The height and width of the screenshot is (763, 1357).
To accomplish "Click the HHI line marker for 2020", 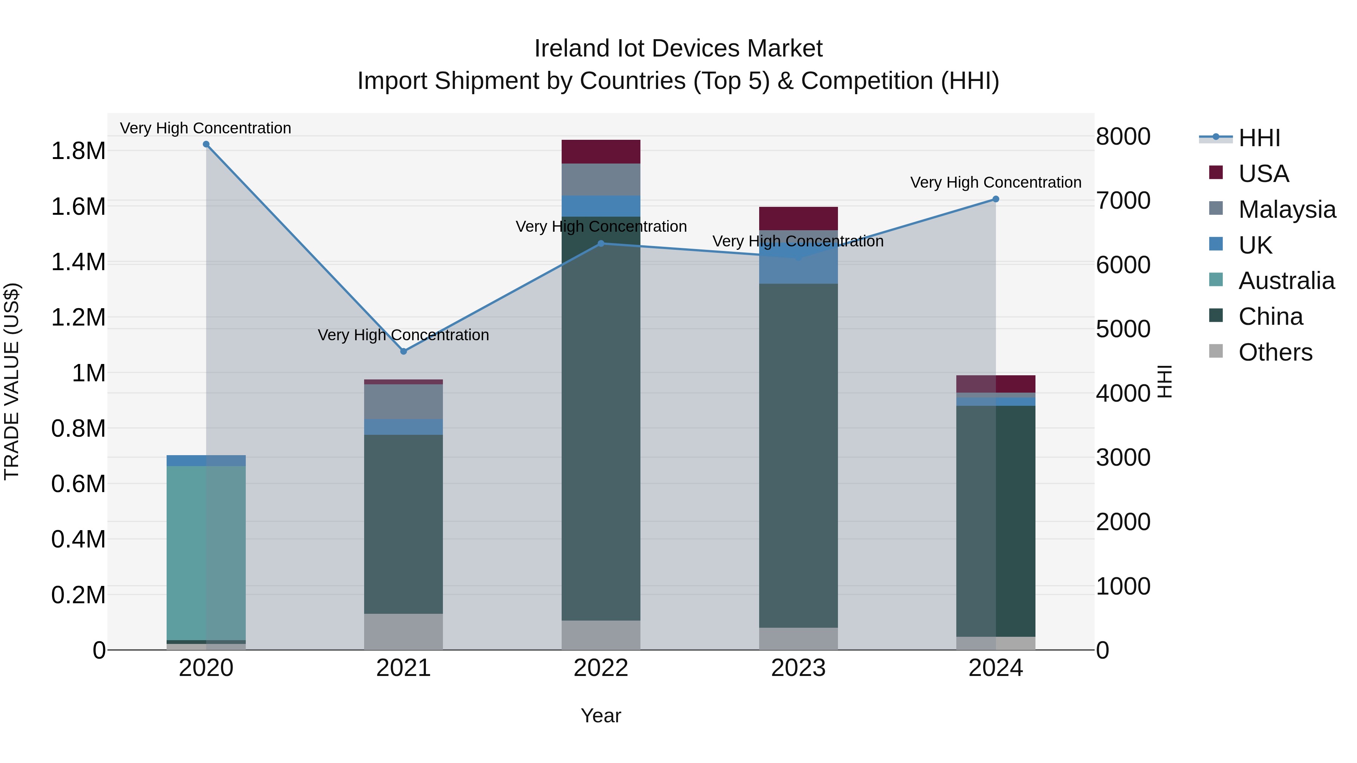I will (206, 144).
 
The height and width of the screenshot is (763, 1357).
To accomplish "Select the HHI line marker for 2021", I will (403, 351).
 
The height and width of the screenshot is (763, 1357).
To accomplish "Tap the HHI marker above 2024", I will (996, 199).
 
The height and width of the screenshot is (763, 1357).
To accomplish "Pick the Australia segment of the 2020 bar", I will (206, 553).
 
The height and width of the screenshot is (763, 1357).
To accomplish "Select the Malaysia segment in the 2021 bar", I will (403, 401).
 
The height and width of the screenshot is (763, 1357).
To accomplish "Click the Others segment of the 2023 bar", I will (798, 638).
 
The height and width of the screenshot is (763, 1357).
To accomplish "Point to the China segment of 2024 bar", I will (996, 521).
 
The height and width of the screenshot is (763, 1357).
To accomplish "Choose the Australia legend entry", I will (1286, 281).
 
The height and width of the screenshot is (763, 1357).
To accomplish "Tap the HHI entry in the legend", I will (1259, 138).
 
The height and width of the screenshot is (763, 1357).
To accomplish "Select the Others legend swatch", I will (1216, 351).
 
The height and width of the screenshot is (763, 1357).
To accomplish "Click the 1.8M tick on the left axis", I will (78, 151).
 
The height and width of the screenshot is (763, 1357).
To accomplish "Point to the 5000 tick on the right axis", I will (1123, 329).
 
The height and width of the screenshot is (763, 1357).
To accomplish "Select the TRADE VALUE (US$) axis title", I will (12, 381).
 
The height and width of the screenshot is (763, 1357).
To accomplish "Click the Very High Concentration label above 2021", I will (403, 335).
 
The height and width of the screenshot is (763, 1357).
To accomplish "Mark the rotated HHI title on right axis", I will (1164, 381).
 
